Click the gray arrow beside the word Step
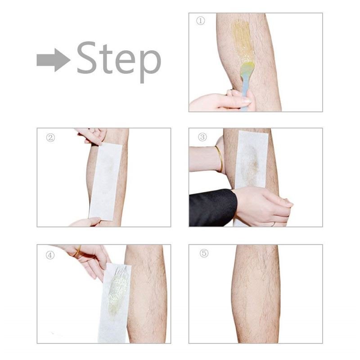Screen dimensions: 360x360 coord(53,60)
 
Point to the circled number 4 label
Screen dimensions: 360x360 coord(50,255)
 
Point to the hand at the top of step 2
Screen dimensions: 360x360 coord(92,135)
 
